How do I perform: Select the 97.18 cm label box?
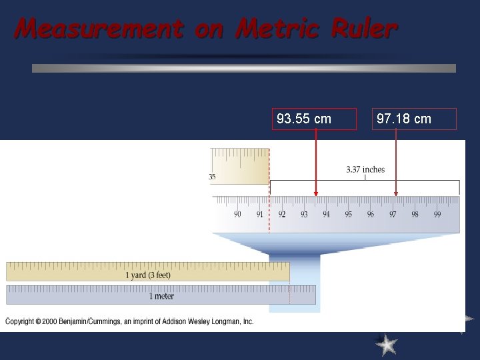[415, 119]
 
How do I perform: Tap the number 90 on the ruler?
[237, 214]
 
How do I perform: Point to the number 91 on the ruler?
[260, 214]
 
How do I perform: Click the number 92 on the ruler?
[282, 214]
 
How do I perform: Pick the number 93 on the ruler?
[304, 214]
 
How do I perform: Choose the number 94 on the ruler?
[326, 214]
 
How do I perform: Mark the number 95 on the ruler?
[349, 214]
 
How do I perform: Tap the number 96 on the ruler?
[371, 214]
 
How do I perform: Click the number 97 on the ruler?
[393, 214]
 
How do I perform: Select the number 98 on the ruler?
[415, 214]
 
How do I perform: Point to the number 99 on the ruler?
[437, 214]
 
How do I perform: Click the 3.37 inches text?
[365, 169]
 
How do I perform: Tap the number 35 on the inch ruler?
[212, 177]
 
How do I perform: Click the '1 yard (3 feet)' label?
[148, 275]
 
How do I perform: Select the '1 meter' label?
[161, 296]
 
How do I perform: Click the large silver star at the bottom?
[386, 344]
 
